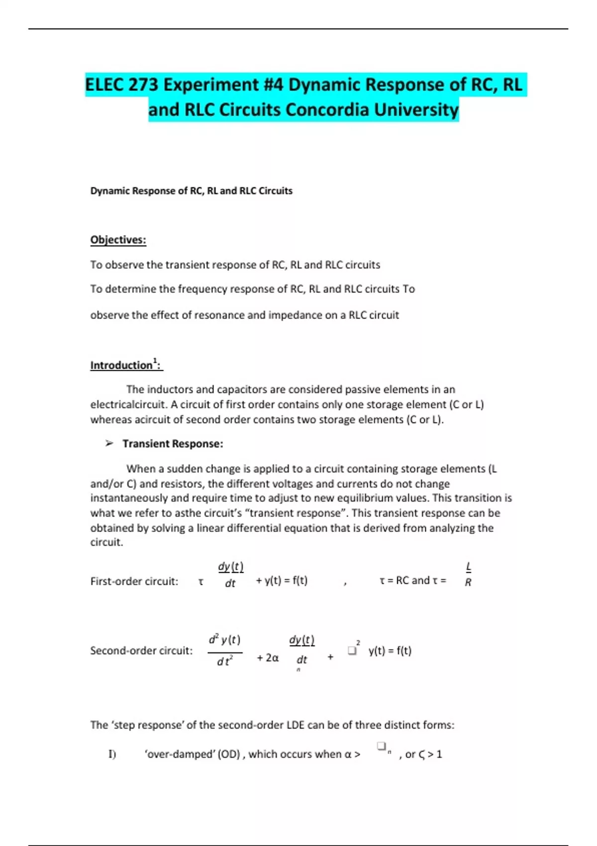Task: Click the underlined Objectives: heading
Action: click(x=118, y=240)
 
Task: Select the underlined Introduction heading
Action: click(x=121, y=365)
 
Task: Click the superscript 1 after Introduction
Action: click(x=155, y=360)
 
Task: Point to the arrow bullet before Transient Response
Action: click(x=109, y=443)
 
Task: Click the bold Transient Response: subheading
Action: click(x=173, y=443)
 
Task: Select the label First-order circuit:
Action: click(x=134, y=581)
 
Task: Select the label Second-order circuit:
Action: click(x=141, y=650)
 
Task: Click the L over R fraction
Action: click(x=468, y=574)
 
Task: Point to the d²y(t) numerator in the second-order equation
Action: click(x=224, y=639)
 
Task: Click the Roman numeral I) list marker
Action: click(x=112, y=754)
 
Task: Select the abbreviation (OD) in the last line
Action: click(x=229, y=754)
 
